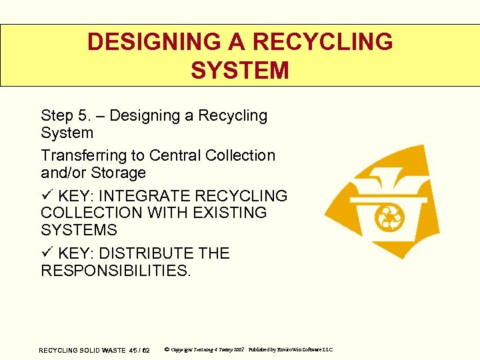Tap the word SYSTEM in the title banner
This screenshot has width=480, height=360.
[x=239, y=70]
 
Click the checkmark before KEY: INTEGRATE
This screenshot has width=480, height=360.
[x=46, y=196]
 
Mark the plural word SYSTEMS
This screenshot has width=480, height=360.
[x=79, y=231]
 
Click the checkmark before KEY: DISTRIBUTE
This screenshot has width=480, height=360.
[x=46, y=253]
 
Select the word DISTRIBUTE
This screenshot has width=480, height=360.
[x=147, y=253]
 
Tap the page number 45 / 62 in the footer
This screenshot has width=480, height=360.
[x=139, y=350]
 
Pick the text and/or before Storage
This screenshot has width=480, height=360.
[x=60, y=173]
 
